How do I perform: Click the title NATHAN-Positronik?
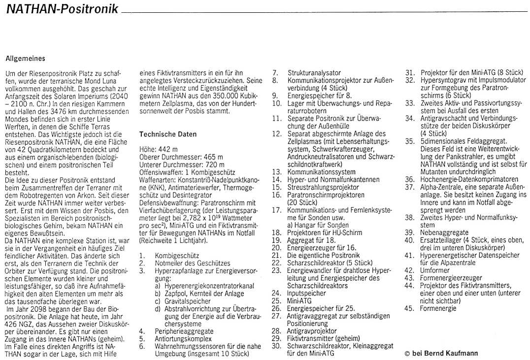coord(62,9)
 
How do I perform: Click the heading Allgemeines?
coord(25,58)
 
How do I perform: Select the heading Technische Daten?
coord(168,134)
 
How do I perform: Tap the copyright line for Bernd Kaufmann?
coord(441,353)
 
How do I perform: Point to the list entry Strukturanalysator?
coord(314,73)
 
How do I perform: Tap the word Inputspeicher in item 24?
coord(306,293)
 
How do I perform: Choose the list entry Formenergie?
coord(438,308)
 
